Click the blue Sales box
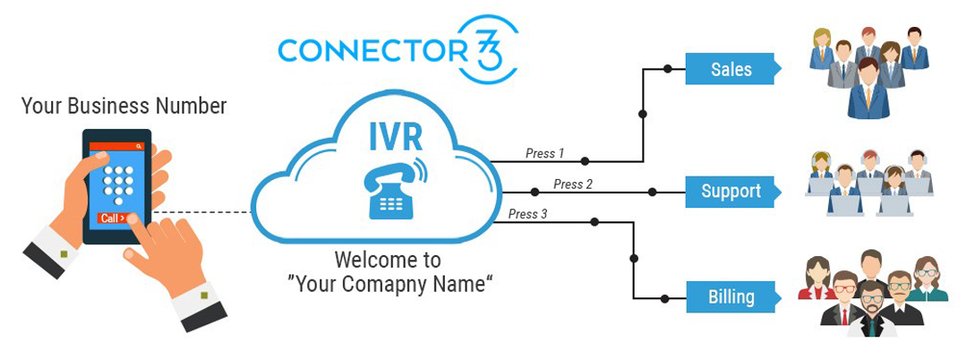[x=731, y=69]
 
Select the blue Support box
[x=731, y=191]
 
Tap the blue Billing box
[x=731, y=296]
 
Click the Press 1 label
[x=544, y=153]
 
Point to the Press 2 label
[x=573, y=184]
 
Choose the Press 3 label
[x=527, y=214]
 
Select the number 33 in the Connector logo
[x=493, y=49]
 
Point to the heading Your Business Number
[x=124, y=107]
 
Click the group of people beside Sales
[x=866, y=70]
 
